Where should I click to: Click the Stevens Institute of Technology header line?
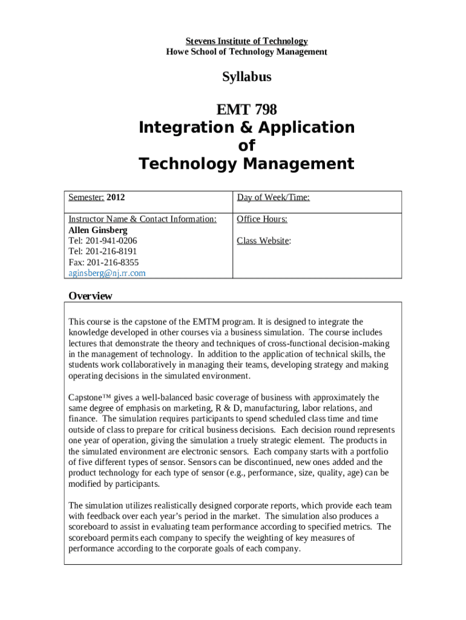click(246, 41)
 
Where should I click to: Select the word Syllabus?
click(246, 77)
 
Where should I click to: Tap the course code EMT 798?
click(246, 110)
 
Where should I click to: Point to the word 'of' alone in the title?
click(246, 146)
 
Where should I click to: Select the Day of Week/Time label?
click(273, 197)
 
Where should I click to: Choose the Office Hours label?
click(262, 219)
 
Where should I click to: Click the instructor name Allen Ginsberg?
click(97, 230)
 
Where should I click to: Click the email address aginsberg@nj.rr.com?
click(107, 273)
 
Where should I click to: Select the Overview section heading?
click(90, 296)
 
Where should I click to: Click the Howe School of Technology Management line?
click(246, 52)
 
